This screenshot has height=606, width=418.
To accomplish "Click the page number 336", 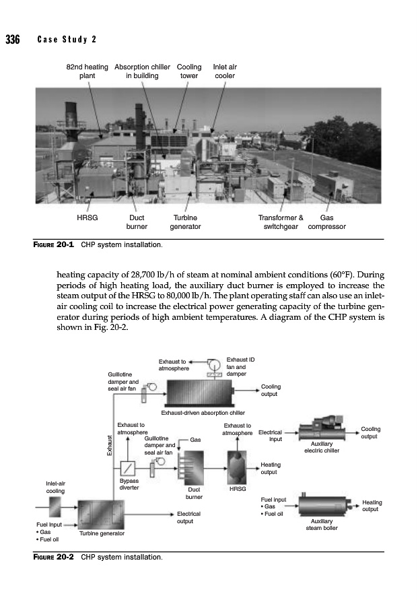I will click(x=13, y=38).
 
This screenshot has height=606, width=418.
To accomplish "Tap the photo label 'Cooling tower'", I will click(x=188, y=71).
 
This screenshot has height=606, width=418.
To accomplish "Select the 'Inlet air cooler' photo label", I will click(x=224, y=71).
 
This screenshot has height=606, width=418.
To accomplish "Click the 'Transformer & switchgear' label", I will click(x=281, y=222).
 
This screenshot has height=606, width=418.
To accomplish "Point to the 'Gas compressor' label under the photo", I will click(x=326, y=222).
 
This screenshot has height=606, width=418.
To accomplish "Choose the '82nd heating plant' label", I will click(x=86, y=71).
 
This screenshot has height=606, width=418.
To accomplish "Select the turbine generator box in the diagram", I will click(x=101, y=515).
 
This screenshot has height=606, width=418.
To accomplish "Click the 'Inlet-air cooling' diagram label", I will click(x=55, y=487).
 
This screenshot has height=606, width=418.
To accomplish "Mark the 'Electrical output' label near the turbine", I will click(x=185, y=517).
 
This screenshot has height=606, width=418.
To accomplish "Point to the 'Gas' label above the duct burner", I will click(x=196, y=440).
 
